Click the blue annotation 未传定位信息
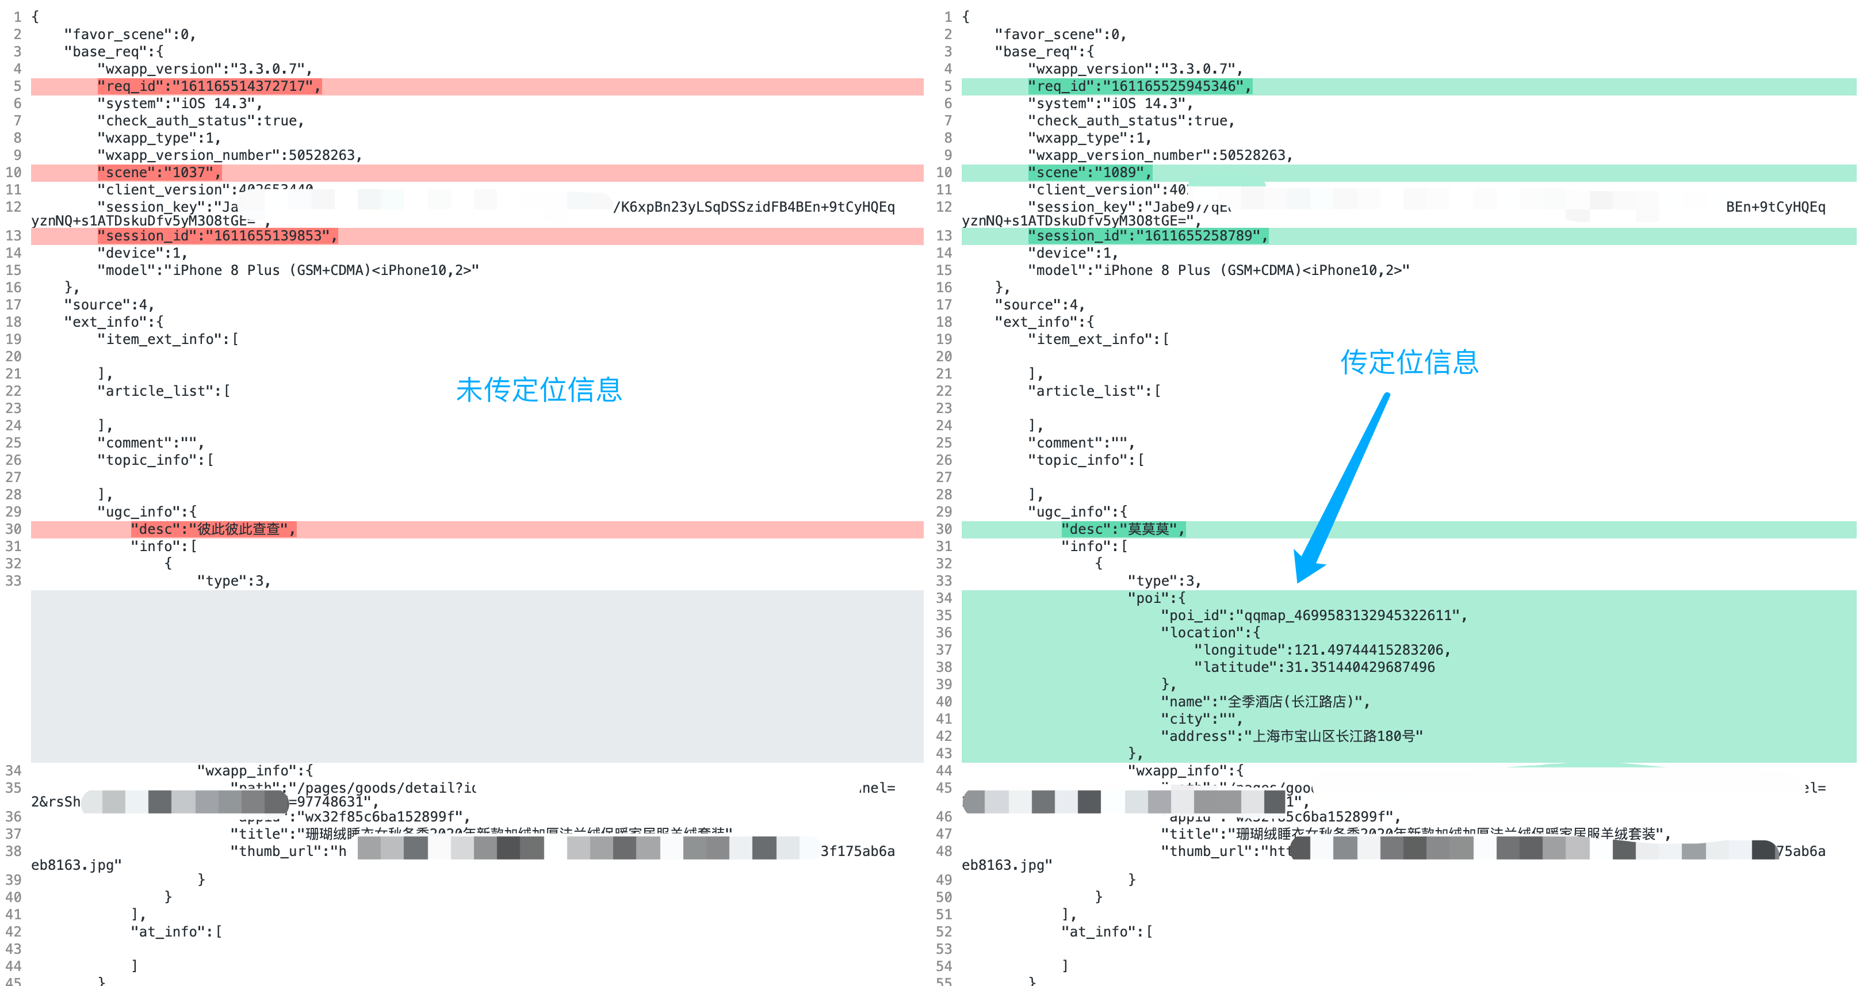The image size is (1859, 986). click(x=538, y=390)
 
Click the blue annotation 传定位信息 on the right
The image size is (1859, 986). click(x=1409, y=362)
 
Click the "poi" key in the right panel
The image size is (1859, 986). click(x=1147, y=598)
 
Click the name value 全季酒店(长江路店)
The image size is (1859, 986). click(x=1294, y=702)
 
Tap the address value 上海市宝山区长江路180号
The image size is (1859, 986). click(x=1333, y=736)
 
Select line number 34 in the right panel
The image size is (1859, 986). click(x=944, y=598)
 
